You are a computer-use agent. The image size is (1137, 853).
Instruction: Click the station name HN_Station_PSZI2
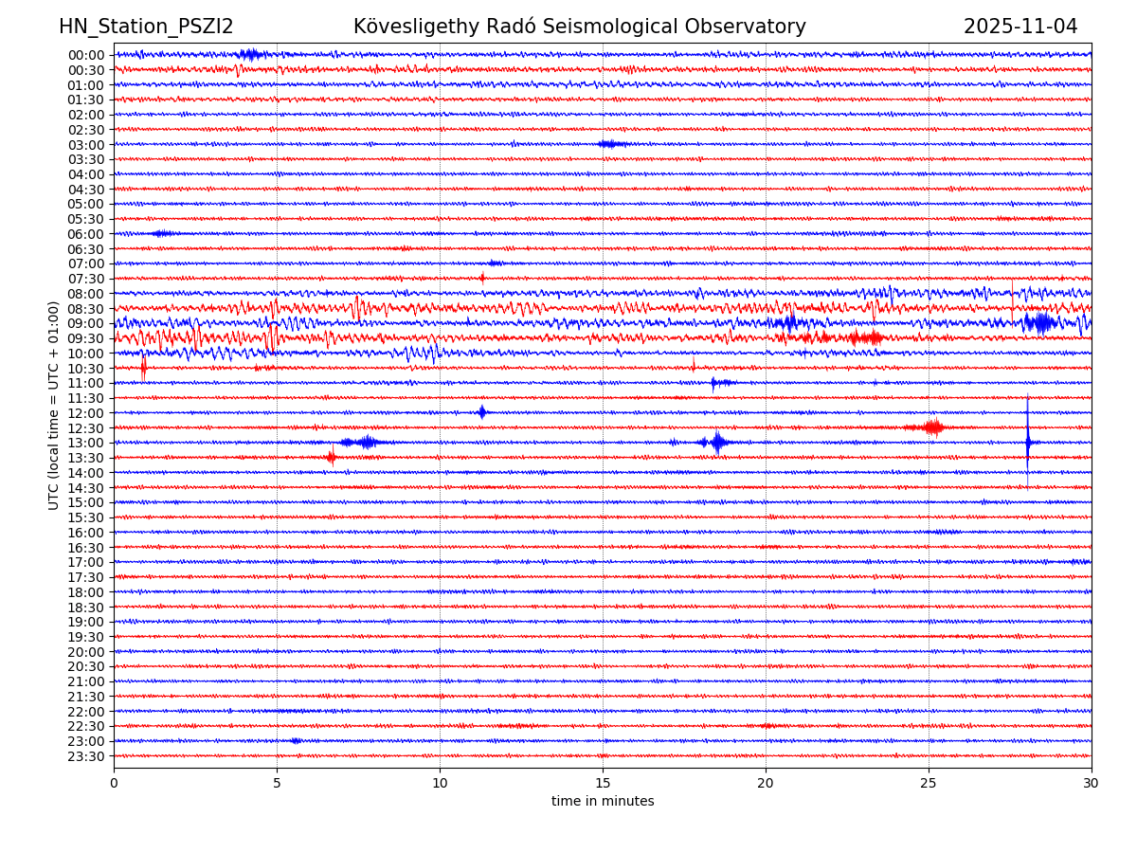click(x=146, y=27)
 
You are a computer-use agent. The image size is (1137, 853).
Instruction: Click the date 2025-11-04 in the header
click(x=1020, y=27)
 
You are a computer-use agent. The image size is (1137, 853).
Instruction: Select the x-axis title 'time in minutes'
click(x=603, y=802)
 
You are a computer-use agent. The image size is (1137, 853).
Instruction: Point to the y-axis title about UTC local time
click(x=54, y=405)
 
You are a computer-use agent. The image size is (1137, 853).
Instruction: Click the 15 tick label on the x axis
click(x=603, y=783)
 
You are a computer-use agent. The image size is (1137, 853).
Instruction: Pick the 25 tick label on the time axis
click(x=929, y=783)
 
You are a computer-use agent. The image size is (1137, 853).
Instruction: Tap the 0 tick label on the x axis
click(x=114, y=783)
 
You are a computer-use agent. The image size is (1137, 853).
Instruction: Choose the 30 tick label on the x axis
click(x=1092, y=783)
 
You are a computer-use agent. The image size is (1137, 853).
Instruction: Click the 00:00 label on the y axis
click(x=85, y=55)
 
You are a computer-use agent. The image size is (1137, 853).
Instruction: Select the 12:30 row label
click(x=85, y=428)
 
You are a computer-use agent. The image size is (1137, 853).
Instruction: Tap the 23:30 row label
click(x=85, y=756)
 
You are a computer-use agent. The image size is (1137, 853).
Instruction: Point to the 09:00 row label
click(x=85, y=323)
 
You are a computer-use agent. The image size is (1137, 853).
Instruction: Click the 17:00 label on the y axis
click(x=85, y=562)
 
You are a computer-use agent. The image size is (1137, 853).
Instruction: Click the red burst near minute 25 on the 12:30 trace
click(x=933, y=427)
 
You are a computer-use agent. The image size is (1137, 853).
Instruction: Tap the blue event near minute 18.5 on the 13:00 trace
click(x=717, y=442)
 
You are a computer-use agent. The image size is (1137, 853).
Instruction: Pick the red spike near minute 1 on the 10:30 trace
click(x=143, y=368)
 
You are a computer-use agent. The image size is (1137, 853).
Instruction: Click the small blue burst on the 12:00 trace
click(x=482, y=412)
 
